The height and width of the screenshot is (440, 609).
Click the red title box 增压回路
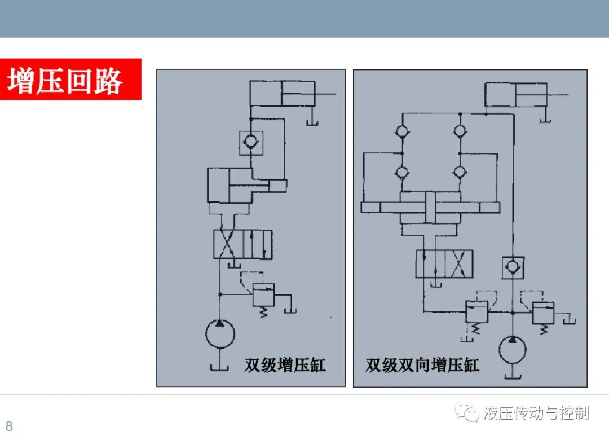pos(70,80)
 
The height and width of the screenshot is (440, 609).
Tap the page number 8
pos(10,426)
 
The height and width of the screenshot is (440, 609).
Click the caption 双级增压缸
pos(285,364)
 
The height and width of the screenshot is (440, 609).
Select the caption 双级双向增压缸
pos(422,365)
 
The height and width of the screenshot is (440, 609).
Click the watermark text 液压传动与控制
pos(536,413)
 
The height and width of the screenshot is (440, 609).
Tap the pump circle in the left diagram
pos(220,334)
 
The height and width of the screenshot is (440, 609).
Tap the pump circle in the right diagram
pos(513,350)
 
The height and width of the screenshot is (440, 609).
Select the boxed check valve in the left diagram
pos(251,143)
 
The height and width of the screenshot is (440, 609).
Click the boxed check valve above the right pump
pos(513,267)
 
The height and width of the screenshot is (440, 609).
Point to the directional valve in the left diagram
pos(242,244)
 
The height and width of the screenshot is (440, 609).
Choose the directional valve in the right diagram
pos(444,263)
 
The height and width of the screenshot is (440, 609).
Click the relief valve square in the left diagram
pos(264,295)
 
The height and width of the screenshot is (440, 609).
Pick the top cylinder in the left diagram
pos(282,94)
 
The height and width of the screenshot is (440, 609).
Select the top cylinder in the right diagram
pos(516,94)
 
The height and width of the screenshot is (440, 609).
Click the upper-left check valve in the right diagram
pos(402,131)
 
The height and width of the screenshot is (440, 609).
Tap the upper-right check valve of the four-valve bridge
pos(460,131)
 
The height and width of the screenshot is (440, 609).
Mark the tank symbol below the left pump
pos(219,367)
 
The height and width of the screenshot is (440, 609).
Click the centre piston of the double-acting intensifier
pos(430,207)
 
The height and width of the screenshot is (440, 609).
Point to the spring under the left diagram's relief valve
pos(264,312)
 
